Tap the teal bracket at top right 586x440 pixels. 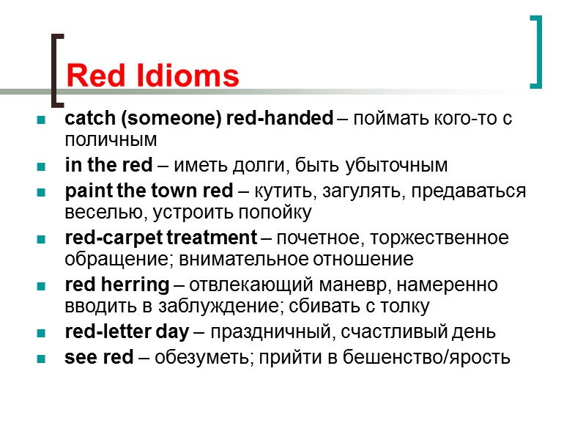(538, 51)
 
